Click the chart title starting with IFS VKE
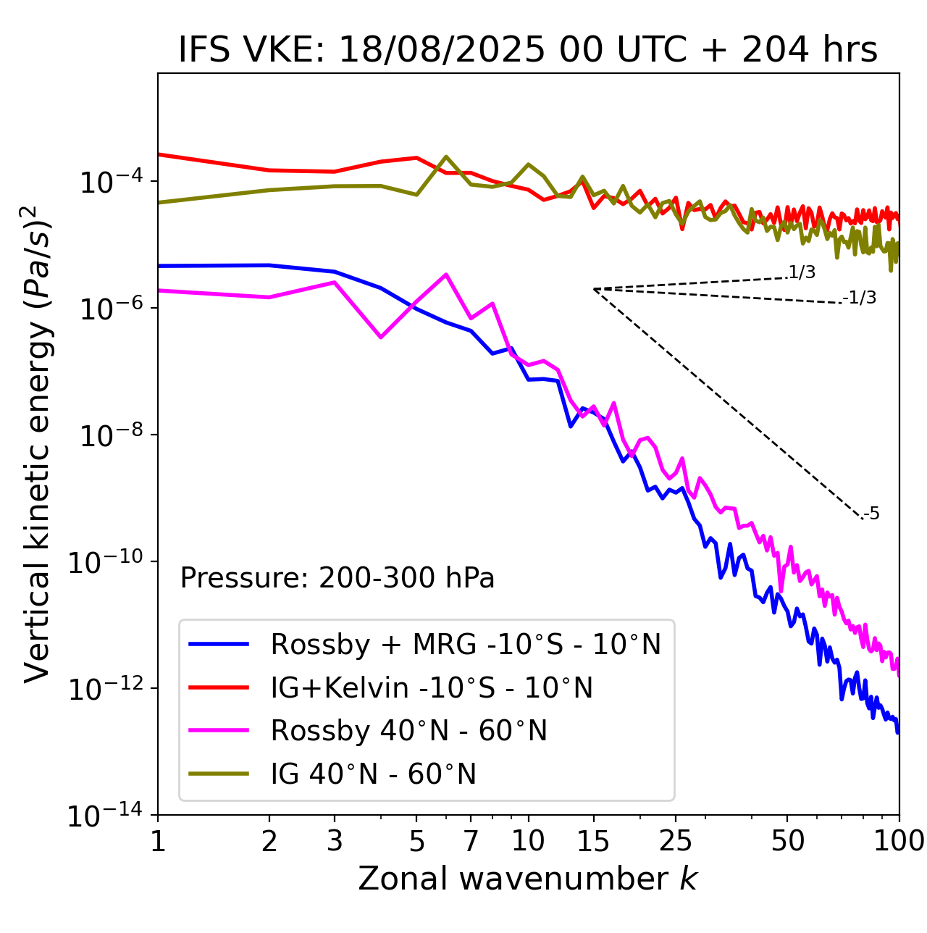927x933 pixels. (x=528, y=50)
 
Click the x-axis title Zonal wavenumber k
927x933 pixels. (x=528, y=879)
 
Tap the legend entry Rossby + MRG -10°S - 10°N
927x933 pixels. (x=466, y=644)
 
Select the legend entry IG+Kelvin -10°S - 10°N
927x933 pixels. (x=432, y=687)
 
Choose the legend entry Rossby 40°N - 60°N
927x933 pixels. (x=408, y=731)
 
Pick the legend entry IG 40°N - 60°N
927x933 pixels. (x=373, y=774)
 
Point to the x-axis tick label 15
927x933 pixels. (x=594, y=841)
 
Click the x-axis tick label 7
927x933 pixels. (x=471, y=841)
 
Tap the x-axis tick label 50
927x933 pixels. (x=788, y=841)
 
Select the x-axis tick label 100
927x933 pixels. (x=899, y=841)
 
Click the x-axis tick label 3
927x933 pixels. (x=335, y=841)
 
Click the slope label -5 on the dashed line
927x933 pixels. (x=871, y=514)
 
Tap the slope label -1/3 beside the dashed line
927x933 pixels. (x=860, y=298)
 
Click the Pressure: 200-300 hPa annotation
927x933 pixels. (x=337, y=578)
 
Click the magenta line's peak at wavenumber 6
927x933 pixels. (x=446, y=274)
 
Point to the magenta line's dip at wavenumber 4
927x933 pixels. (x=381, y=337)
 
